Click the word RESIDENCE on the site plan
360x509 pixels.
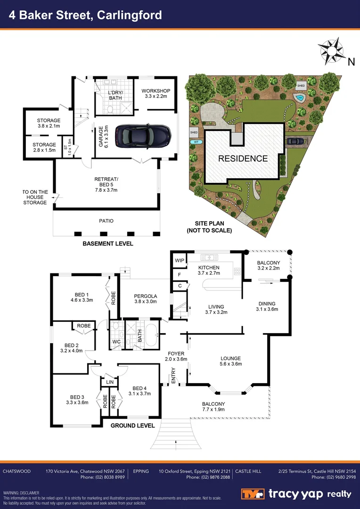[x=243, y=159]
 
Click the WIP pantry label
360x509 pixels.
[x=179, y=260]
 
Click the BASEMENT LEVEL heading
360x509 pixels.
[x=108, y=244]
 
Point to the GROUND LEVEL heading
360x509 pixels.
[x=132, y=426]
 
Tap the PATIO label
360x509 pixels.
[x=106, y=221]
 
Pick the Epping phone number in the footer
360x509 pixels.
[x=208, y=477]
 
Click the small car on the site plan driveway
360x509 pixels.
[x=295, y=141]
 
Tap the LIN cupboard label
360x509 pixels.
[x=109, y=382]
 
